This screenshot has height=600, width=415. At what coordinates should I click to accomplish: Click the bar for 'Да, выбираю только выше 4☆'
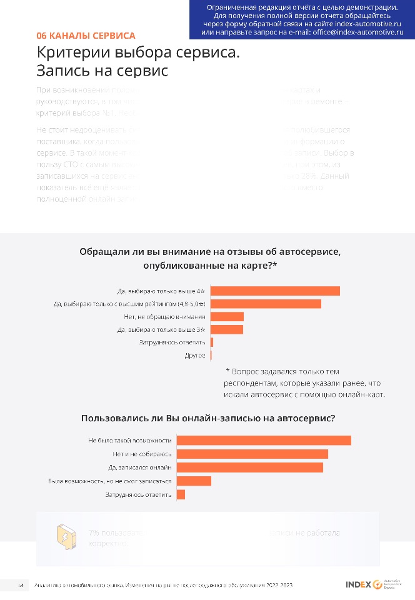[276, 291]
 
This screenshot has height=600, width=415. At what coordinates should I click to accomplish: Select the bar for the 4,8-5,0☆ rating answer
[266, 304]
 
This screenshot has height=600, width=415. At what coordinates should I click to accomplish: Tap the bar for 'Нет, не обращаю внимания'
[227, 317]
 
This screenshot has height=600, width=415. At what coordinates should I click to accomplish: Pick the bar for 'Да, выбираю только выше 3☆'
[227, 329]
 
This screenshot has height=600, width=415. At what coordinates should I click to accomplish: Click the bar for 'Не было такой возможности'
[264, 441]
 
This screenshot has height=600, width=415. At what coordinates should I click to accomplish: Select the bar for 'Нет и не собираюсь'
[252, 454]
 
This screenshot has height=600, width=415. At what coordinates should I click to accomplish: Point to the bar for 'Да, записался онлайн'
[250, 467]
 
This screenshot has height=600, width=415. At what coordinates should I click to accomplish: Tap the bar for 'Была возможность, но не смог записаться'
[194, 481]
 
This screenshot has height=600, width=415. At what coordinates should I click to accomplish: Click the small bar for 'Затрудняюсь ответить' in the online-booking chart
[181, 494]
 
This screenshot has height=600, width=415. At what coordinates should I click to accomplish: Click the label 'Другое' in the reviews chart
[196, 356]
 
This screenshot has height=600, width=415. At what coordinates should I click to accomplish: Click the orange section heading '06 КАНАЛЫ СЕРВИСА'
[86, 36]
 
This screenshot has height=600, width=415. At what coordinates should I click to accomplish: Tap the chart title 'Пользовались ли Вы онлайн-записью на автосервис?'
[207, 417]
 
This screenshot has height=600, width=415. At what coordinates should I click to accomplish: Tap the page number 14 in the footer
[21, 585]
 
